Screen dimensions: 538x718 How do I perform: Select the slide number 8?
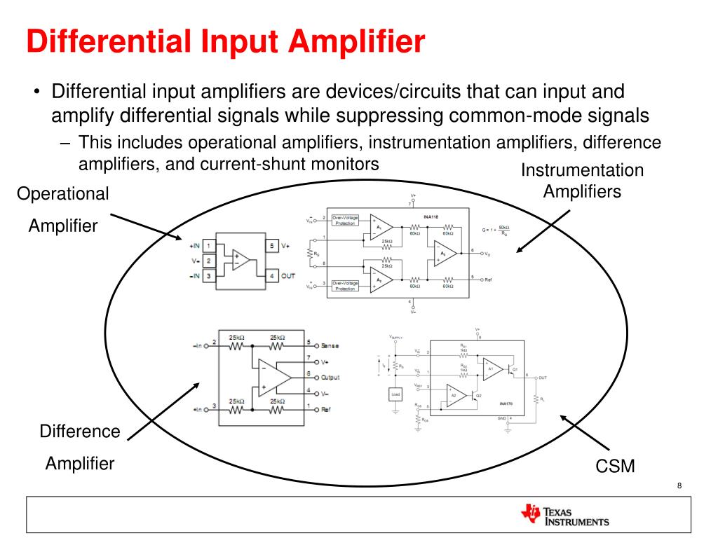[679, 487]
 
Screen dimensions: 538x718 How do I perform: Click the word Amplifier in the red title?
[357, 41]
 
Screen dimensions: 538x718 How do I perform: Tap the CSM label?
[616, 465]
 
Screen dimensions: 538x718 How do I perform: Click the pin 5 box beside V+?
[272, 246]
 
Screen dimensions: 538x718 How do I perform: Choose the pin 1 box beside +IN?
[209, 247]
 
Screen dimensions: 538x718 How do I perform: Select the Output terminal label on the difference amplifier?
[329, 377]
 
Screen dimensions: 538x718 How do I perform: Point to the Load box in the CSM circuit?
[395, 395]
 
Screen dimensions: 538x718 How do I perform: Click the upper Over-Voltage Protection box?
[345, 221]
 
